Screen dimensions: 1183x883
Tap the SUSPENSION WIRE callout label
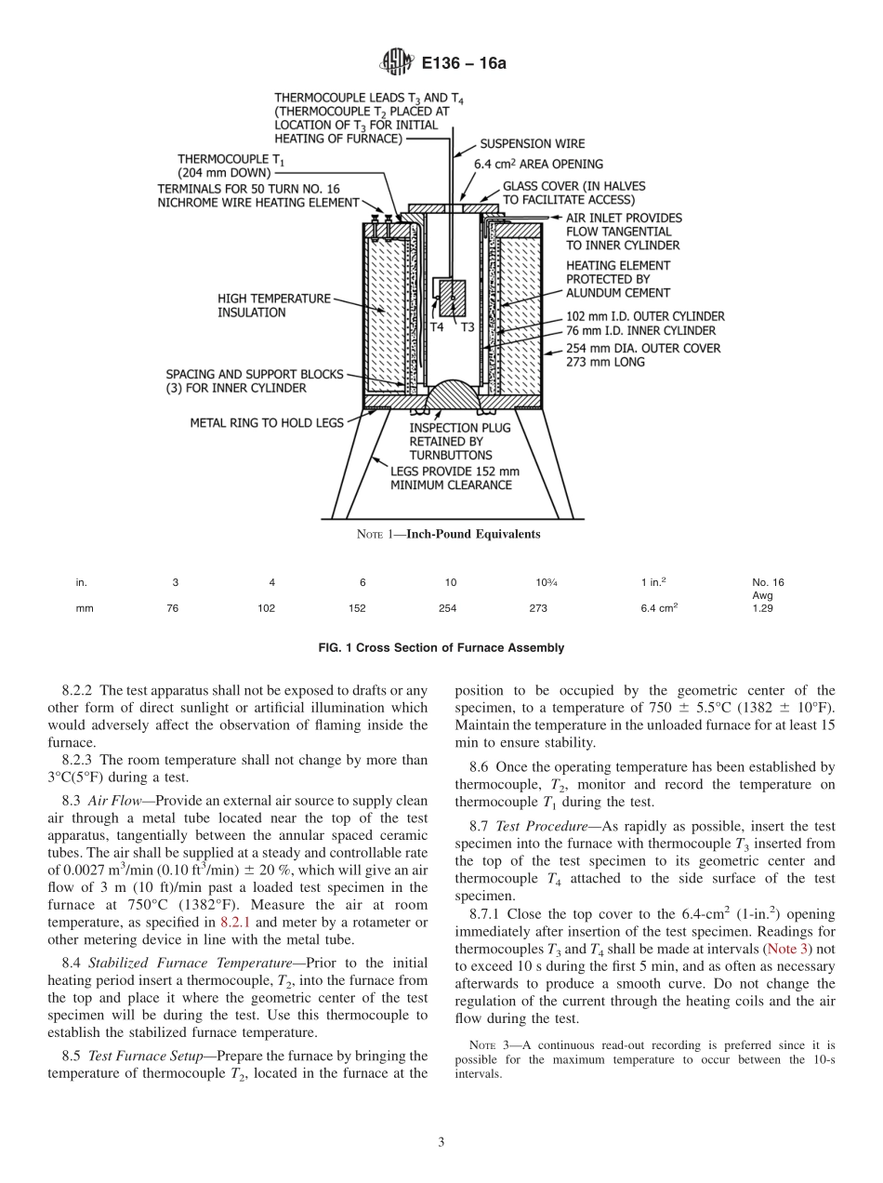(x=532, y=144)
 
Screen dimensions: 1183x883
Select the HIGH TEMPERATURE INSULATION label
(x=273, y=306)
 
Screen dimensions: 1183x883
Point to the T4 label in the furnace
(x=437, y=327)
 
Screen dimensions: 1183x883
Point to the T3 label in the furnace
(x=467, y=327)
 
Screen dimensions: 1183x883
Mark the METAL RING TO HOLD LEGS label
(x=267, y=422)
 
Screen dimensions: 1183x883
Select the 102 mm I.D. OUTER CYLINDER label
(x=645, y=316)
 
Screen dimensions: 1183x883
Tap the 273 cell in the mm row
(x=537, y=608)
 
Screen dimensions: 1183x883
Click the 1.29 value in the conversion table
(x=762, y=608)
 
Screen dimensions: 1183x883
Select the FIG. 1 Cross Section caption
(x=441, y=648)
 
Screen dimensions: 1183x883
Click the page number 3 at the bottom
(x=441, y=1142)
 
